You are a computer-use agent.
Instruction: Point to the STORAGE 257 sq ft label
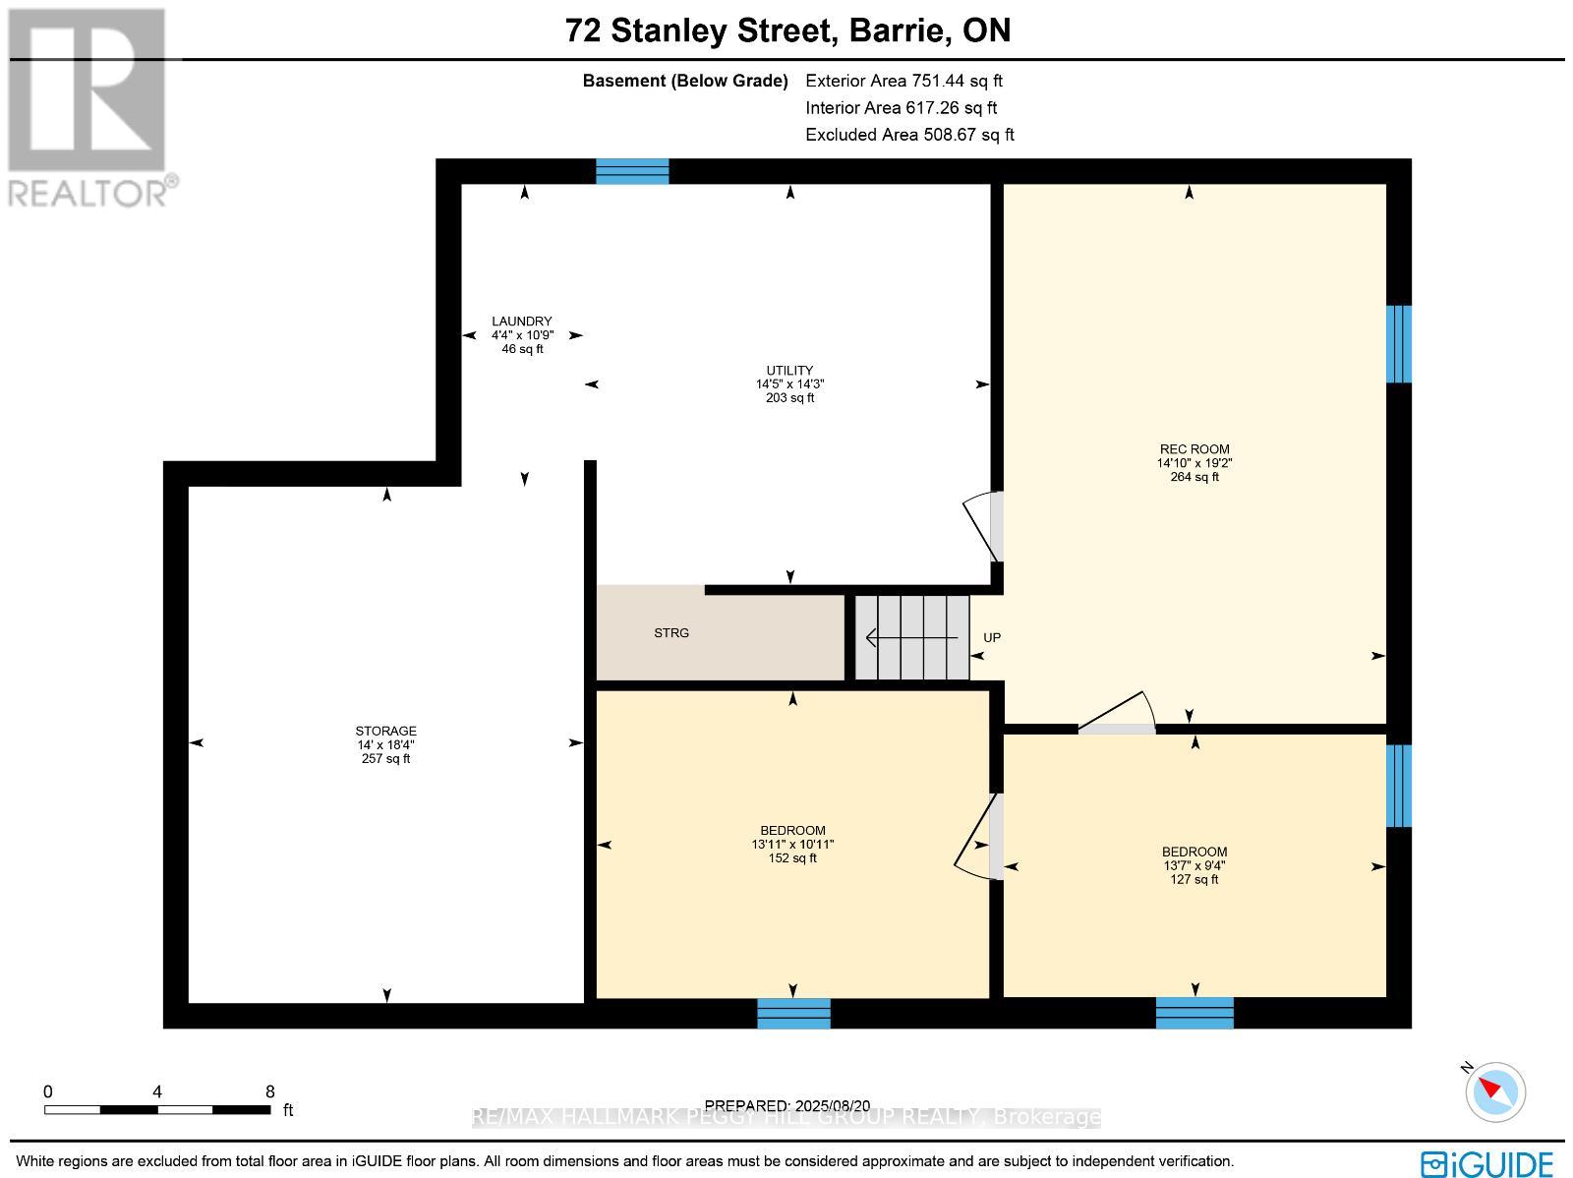(x=385, y=744)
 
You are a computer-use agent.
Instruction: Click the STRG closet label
(x=671, y=633)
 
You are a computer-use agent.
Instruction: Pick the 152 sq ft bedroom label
(x=792, y=844)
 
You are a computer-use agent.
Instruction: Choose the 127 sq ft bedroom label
(x=1194, y=865)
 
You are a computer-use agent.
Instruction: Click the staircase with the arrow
(x=911, y=637)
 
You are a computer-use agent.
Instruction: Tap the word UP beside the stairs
(x=992, y=638)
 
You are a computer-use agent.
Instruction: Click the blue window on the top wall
(x=632, y=172)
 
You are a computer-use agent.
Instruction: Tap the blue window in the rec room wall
(x=1398, y=343)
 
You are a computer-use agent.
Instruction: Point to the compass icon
(x=1495, y=1091)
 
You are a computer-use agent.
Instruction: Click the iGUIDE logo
(x=1488, y=1162)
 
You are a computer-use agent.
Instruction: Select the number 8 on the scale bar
(x=269, y=1091)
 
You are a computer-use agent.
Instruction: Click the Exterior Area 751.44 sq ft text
(x=903, y=81)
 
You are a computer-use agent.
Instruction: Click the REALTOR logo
(x=88, y=108)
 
